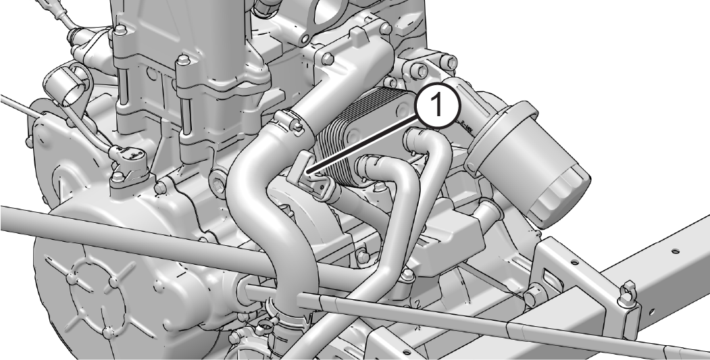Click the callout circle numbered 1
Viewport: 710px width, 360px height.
437,105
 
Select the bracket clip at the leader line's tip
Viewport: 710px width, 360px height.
312,176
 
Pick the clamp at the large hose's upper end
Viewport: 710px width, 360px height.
290,122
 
